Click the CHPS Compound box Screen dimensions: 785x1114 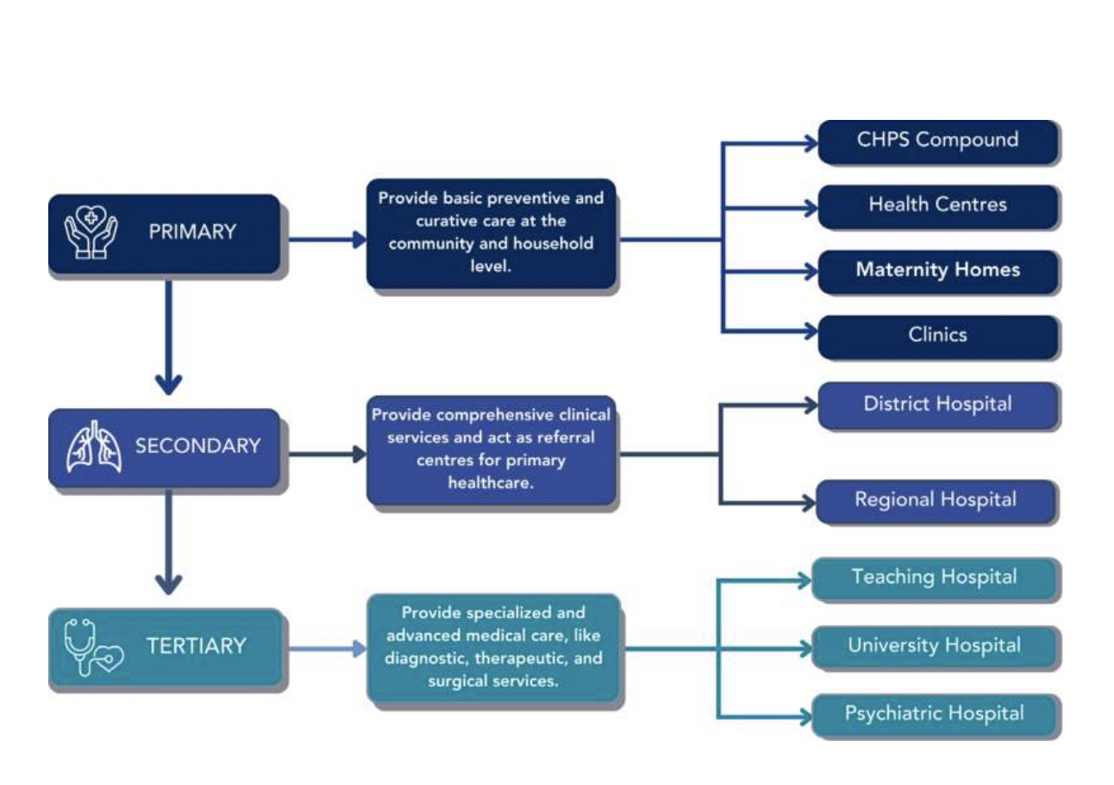tap(937, 141)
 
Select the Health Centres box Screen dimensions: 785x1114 tap(937, 205)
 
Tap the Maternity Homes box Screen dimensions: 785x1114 tap(937, 271)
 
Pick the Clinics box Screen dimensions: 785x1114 tap(937, 336)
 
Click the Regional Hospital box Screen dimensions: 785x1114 tap(936, 500)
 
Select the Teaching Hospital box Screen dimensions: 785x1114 tap(935, 578)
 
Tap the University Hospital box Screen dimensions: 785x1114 tap(935, 646)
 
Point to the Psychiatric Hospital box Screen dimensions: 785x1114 tap(935, 714)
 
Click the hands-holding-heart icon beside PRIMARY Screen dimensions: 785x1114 tap(91, 232)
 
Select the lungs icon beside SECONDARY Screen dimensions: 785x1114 tap(94, 448)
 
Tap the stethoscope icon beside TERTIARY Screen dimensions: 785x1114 tap(93, 647)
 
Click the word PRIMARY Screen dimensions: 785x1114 tap(192, 232)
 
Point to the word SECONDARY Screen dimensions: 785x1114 tap(197, 447)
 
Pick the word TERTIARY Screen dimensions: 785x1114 tap(197, 646)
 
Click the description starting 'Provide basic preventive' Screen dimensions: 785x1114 tap(491, 233)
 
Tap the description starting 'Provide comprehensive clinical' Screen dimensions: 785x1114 tap(491, 449)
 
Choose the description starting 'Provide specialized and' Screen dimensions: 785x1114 tap(493, 647)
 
